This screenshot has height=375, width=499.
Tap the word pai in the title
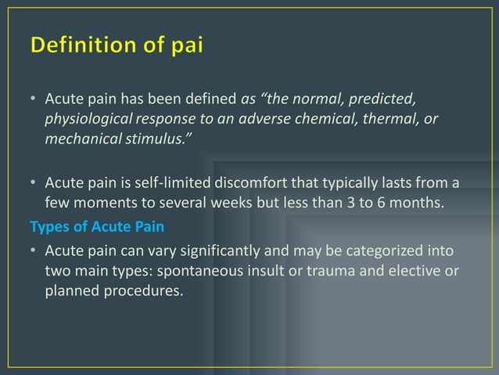185,47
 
